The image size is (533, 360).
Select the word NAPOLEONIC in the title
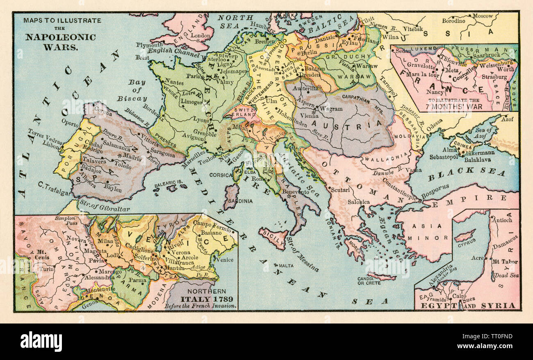point(60,37)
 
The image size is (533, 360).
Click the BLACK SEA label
point(466,171)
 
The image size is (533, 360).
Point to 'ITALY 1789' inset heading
point(201,299)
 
